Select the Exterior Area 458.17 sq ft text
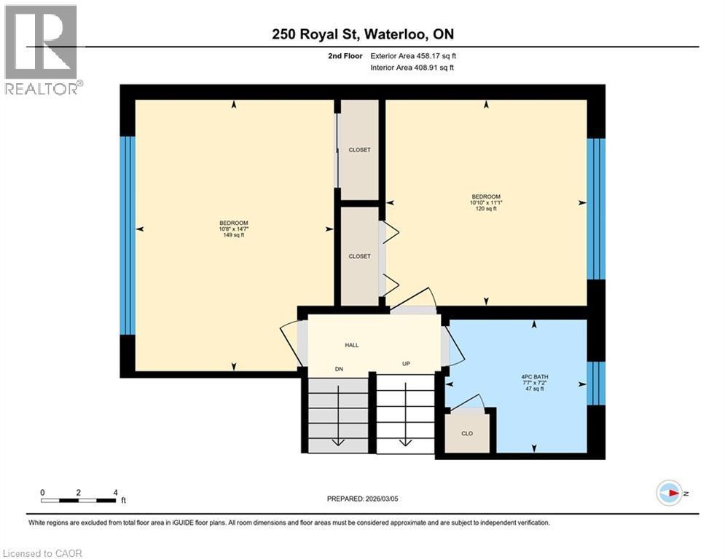[x=414, y=55]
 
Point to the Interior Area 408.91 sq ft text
[x=413, y=68]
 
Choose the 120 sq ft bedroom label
[x=486, y=202]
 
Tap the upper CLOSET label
[x=359, y=150]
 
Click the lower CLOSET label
[x=359, y=256]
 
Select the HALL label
[x=351, y=346]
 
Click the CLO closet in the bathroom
[x=467, y=433]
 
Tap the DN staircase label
[x=339, y=370]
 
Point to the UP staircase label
[x=406, y=363]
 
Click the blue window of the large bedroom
[x=128, y=236]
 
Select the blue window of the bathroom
[x=596, y=383]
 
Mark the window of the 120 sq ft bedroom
[x=596, y=209]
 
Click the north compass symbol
[x=670, y=493]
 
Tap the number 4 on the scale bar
[x=116, y=493]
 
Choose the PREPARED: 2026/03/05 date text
[x=362, y=499]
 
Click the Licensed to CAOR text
[x=42, y=553]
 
